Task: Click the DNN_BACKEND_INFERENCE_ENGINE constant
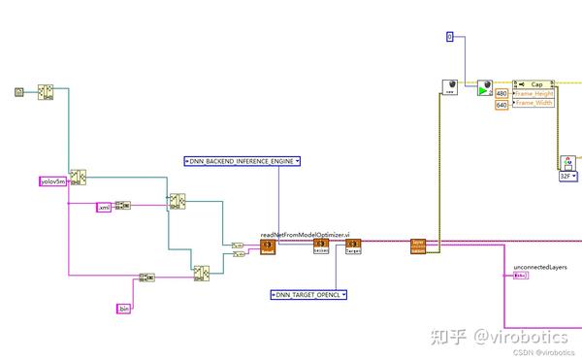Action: (242, 161)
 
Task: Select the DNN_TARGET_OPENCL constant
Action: (308, 293)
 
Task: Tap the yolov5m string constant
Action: (50, 181)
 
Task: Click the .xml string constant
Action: (104, 207)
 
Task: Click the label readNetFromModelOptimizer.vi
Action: (306, 236)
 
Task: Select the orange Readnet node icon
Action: (269, 247)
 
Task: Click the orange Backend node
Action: (320, 247)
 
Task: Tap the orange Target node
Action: (353, 247)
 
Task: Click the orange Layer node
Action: (418, 246)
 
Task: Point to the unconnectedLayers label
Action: (539, 267)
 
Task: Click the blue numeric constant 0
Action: (450, 37)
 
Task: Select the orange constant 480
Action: (501, 93)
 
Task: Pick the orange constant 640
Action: (501, 104)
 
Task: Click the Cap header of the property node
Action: (534, 83)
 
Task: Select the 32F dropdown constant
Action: (567, 178)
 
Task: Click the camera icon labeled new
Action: (450, 87)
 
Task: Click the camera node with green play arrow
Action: (484, 87)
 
